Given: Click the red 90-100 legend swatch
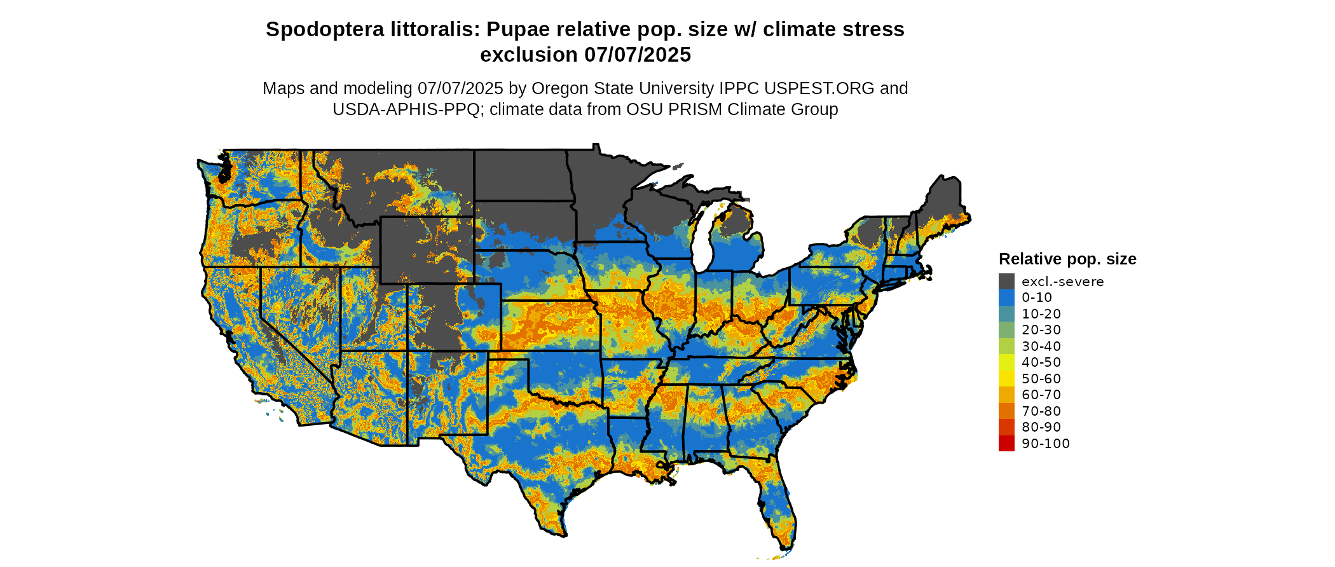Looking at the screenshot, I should tap(1006, 443).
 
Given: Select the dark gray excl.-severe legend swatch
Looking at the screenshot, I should tap(1006, 281).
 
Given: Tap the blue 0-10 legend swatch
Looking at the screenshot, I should tap(1006, 297).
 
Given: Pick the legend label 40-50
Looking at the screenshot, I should tap(1041, 362).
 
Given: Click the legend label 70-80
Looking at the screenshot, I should tap(1041, 411).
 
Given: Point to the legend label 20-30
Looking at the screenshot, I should tap(1041, 330).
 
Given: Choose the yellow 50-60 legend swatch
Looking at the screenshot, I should tap(1006, 378).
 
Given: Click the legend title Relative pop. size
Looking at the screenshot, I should tap(1067, 259).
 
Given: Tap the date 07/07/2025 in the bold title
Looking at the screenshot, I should tap(638, 55).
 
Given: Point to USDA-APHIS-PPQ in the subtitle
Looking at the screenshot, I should tap(406, 110).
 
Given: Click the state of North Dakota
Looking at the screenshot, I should tap(521, 175).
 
